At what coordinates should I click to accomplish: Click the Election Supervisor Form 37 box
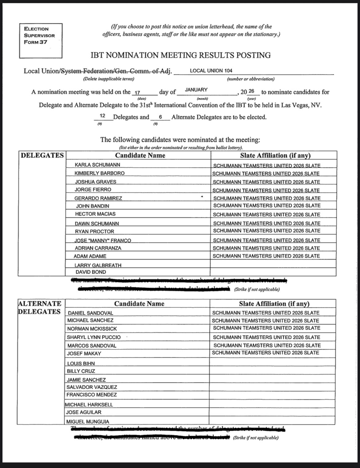tap(40, 40)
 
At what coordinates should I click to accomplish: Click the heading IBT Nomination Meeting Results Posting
tap(181, 55)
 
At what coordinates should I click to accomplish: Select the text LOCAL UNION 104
tap(211, 71)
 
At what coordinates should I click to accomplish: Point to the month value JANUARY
tap(196, 90)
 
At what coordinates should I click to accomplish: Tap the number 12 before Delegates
tap(103, 116)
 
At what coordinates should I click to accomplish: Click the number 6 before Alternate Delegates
tap(160, 117)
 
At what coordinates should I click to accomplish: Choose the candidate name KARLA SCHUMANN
tap(98, 165)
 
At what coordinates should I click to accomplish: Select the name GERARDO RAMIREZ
tap(98, 198)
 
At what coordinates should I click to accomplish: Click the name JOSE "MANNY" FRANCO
tap(103, 240)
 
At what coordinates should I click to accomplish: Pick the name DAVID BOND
tap(91, 272)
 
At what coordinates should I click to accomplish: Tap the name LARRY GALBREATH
tap(98, 265)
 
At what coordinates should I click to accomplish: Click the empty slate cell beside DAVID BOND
tap(273, 272)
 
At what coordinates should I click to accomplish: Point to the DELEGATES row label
tap(42, 155)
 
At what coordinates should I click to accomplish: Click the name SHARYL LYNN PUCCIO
tap(94, 337)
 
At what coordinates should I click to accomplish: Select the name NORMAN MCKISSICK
tap(92, 329)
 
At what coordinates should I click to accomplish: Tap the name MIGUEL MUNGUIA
tap(88, 422)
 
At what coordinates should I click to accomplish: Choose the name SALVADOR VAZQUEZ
tap(92, 387)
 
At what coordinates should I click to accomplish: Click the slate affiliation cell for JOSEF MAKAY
tap(266, 353)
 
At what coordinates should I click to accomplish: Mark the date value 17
tap(138, 93)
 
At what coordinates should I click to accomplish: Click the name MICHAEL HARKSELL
tap(89, 405)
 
